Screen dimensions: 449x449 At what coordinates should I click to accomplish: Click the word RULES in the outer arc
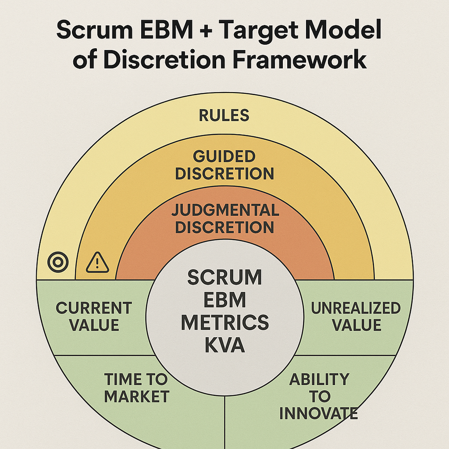tap(224, 116)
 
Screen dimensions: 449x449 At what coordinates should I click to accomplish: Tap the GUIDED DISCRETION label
tap(224, 165)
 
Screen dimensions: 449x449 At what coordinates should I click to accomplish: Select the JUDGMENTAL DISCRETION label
tap(224, 218)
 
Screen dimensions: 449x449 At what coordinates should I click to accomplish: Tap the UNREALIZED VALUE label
tap(356, 316)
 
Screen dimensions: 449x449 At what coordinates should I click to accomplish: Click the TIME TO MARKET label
tap(136, 387)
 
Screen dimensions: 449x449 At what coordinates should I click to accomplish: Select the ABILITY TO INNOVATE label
tap(319, 396)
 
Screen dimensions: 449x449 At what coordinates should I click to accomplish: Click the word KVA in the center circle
tap(224, 345)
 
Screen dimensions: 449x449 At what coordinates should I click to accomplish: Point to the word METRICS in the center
tap(224, 323)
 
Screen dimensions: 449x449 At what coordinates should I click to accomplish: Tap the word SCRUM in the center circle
tap(224, 277)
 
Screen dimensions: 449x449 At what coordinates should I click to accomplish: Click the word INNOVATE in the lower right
tap(319, 413)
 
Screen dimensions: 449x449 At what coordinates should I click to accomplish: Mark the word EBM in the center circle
tap(224, 300)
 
